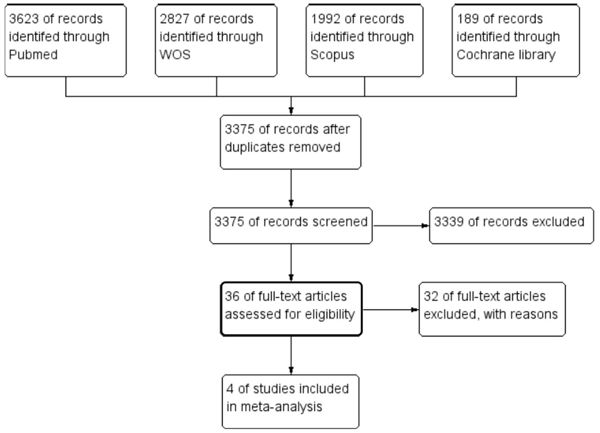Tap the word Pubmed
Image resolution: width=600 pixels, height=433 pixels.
coord(33,55)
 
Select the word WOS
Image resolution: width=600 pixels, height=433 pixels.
coord(175,55)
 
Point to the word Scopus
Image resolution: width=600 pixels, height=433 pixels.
coord(332,55)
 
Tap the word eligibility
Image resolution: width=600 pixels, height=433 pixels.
coord(329,315)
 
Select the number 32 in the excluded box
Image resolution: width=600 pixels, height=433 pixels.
coord(431,296)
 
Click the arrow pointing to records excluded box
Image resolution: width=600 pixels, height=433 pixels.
coord(425,226)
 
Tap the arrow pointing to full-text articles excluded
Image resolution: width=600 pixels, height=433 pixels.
coord(414,310)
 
